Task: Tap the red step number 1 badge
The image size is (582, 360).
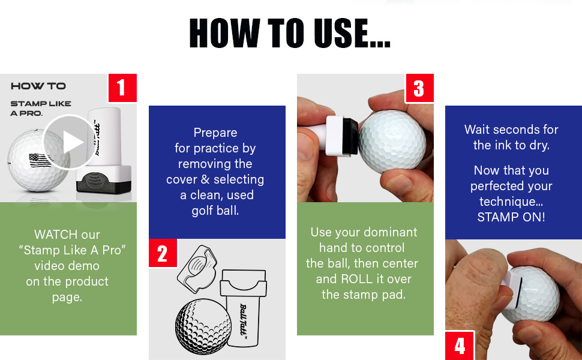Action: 122,88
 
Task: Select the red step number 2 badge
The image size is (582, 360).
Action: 163,254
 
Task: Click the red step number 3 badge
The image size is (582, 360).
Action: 419,88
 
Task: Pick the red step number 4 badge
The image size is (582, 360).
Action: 460,346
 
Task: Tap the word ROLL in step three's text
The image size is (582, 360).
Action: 358,278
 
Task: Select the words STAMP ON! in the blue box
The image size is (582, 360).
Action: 511,217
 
